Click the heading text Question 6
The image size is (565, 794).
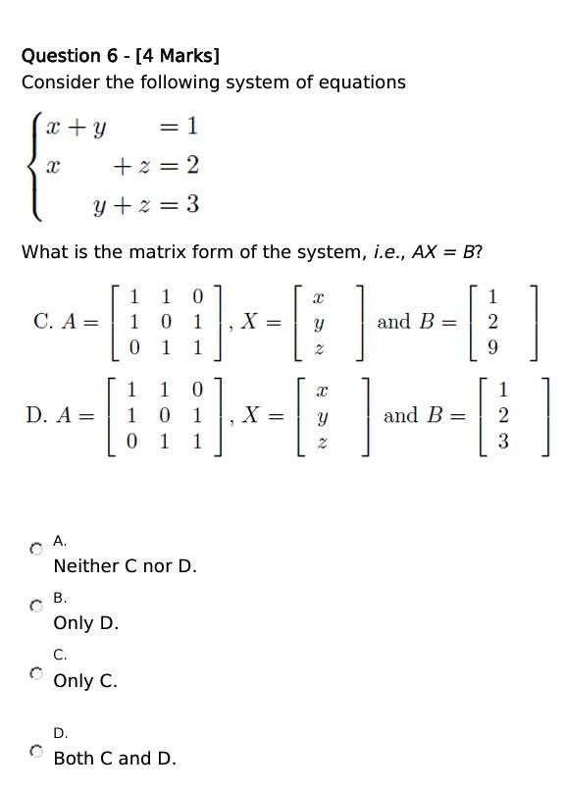pos(74,56)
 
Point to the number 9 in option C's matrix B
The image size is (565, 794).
pos(492,347)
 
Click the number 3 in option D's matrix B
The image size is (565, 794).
pos(503,442)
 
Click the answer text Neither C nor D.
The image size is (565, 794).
pos(125,566)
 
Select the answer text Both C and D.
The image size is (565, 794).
pos(115,759)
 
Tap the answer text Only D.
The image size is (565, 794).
pos(85,623)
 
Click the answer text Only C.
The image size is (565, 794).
pos(85,680)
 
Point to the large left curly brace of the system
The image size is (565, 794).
pos(34,166)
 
